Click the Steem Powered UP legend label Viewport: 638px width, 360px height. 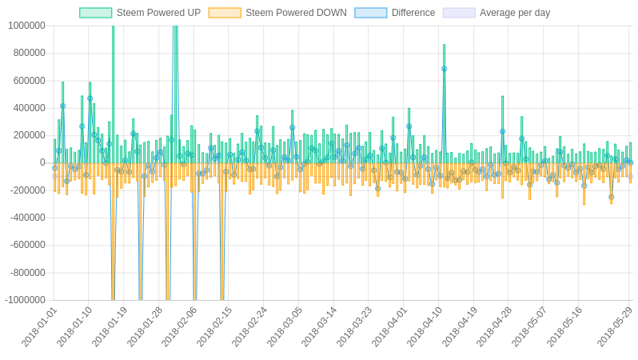point(158,13)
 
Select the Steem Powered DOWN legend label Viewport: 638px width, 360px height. point(296,13)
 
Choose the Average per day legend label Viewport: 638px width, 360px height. point(515,13)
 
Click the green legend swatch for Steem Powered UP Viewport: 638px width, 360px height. point(95,13)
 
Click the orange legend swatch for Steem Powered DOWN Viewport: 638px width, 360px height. point(225,13)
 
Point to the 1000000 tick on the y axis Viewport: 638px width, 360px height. point(26,26)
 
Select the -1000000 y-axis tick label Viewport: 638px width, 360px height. point(25,301)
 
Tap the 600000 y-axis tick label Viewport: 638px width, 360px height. point(29,81)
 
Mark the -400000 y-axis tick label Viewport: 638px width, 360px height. point(27,218)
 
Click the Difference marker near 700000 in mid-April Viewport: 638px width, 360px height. point(445,69)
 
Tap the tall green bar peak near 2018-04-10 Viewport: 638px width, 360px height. point(445,46)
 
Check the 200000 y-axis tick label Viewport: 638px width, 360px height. point(29,136)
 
